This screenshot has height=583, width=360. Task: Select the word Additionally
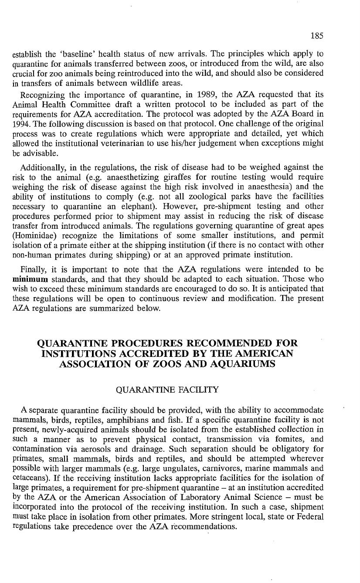pyautogui.click(x=42, y=168)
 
